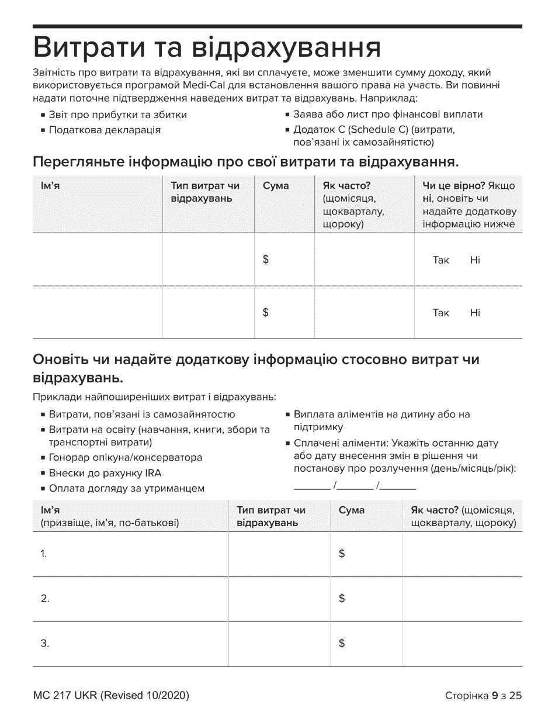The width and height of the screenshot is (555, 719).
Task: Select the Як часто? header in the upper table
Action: pyautogui.click(x=347, y=186)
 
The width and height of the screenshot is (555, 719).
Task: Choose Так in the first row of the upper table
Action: pyautogui.click(x=440, y=260)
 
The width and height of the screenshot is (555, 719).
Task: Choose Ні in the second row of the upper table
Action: pyautogui.click(x=474, y=313)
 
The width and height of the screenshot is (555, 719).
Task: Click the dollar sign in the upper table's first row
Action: pyautogui.click(x=266, y=260)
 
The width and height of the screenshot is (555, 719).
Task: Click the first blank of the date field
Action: pyautogui.click(x=311, y=485)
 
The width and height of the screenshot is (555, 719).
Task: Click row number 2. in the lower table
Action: pyautogui.click(x=45, y=599)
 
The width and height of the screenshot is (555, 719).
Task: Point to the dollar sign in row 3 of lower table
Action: pyautogui.click(x=342, y=644)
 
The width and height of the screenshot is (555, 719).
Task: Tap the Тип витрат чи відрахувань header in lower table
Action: pyautogui.click(x=270, y=516)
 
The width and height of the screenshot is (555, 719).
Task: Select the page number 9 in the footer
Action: pyautogui.click(x=494, y=696)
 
